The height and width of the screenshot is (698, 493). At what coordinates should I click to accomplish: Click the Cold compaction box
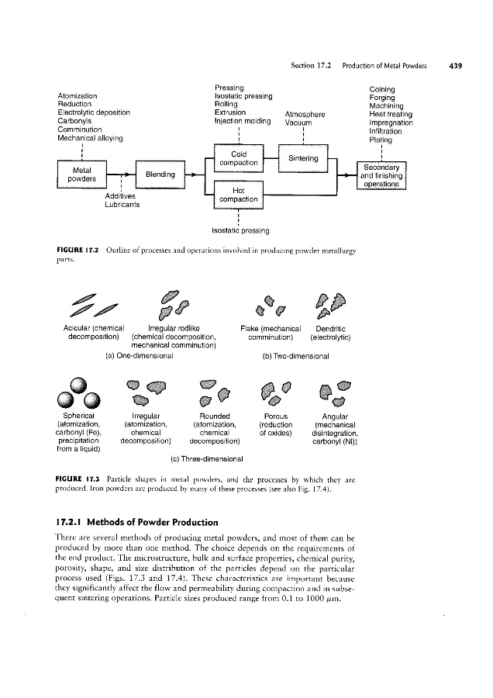239,157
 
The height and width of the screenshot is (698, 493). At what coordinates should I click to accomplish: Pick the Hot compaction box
239,195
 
